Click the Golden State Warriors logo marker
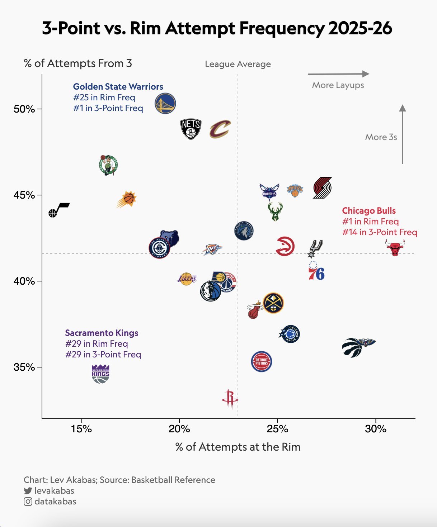pos(165,104)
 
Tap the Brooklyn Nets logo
pos(191,129)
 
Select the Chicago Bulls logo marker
pos(395,248)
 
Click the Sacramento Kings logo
pos(100,374)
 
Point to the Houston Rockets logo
pos(230,399)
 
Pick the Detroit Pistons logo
pos(262,361)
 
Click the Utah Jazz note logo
pos(59,210)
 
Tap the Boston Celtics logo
pos(108,165)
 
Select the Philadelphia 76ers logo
pos(316,271)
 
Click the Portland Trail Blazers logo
pos(322,188)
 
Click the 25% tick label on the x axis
pos(277,429)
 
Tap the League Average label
pos(238,64)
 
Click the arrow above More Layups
pos(338,74)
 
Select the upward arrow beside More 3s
pos(403,134)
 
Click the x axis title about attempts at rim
pos(238,447)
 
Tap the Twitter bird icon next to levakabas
pos(28,491)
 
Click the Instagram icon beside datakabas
pos(28,502)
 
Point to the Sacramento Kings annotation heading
pos(102,333)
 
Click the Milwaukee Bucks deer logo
pos(275,212)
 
